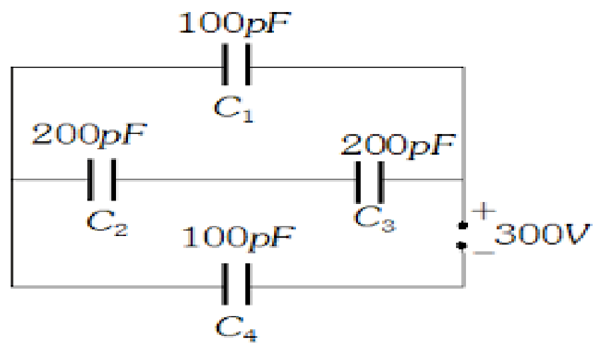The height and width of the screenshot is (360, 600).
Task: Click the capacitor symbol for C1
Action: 238,66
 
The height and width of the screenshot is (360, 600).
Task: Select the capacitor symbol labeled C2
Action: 102,179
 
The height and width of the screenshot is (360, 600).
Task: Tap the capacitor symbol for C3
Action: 369,180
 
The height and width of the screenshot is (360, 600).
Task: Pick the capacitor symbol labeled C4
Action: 238,286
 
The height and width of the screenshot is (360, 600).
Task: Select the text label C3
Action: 373,221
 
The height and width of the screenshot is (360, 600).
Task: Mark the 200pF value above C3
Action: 399,143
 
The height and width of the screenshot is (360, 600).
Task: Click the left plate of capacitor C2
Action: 91,179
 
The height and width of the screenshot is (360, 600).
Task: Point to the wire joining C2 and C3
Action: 233,179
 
